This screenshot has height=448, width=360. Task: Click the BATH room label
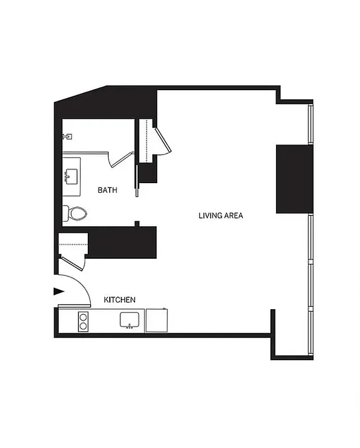[107, 190]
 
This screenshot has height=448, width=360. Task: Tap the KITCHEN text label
[120, 300]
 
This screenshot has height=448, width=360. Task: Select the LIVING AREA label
[221, 215]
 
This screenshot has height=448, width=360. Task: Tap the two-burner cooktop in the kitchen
[83, 321]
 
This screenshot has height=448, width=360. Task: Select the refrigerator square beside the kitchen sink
[156, 320]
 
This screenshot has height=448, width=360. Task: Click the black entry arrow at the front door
[58, 291]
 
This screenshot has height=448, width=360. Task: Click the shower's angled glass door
[121, 158]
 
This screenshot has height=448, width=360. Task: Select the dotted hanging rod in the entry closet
[74, 245]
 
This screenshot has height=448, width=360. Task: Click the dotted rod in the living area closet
[147, 140]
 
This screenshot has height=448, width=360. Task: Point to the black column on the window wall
[293, 179]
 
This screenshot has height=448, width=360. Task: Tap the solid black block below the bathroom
[122, 242]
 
